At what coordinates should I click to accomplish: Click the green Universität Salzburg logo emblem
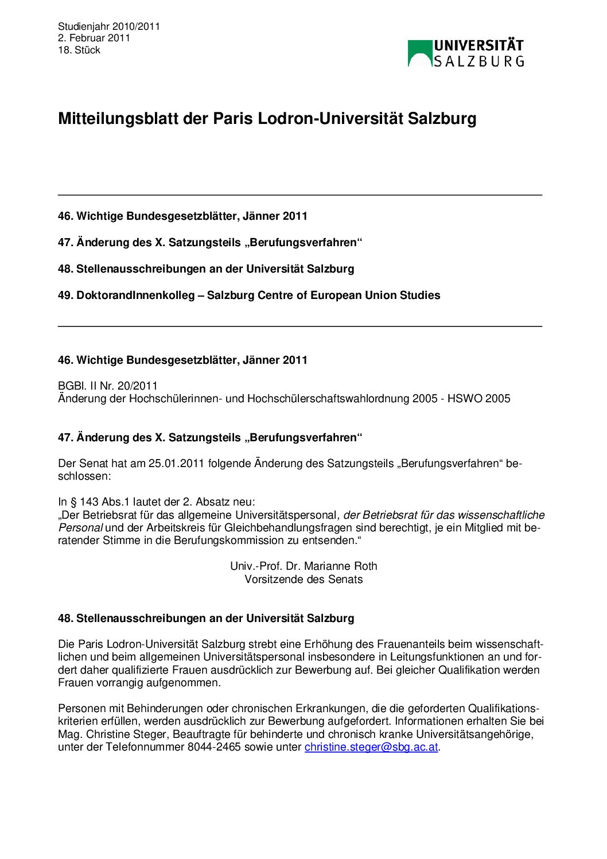[419, 53]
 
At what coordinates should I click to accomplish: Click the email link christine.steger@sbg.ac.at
[371, 747]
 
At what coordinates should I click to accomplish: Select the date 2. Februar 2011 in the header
[94, 38]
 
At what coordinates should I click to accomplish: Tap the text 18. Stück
[79, 50]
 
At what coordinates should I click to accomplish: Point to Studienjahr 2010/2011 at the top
[109, 26]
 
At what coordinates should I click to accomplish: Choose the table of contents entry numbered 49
[249, 296]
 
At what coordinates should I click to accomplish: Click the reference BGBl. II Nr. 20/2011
[108, 386]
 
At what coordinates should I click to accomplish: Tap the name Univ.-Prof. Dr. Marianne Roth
[303, 566]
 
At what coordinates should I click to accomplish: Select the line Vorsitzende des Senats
[303, 580]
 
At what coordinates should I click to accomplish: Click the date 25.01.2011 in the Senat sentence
[176, 464]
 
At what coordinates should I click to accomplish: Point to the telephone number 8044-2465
[214, 747]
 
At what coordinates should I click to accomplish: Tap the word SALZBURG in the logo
[478, 61]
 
